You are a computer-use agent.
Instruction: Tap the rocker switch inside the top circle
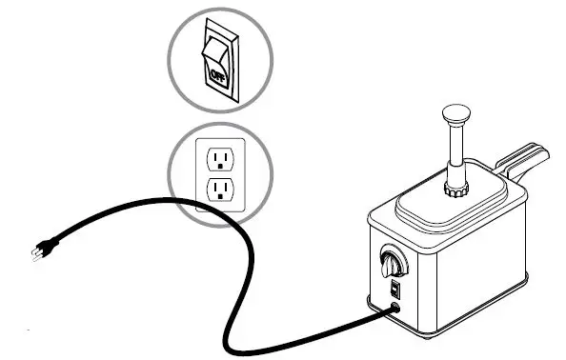217,57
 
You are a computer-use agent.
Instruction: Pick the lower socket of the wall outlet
220,187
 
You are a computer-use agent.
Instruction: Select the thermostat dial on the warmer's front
391,259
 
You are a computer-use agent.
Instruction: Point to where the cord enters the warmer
394,309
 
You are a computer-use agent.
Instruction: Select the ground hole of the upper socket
221,162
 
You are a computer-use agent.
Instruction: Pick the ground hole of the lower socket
221,195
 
